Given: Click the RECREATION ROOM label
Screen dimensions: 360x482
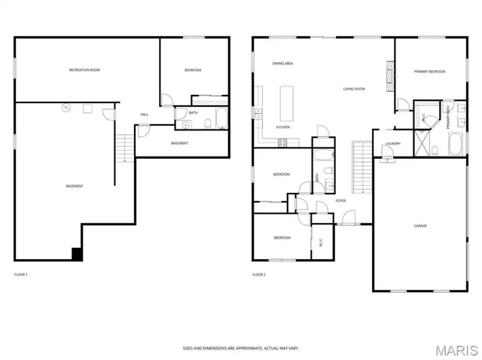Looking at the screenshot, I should click(x=84, y=70).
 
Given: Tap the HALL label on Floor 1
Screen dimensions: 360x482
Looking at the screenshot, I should click(x=144, y=114).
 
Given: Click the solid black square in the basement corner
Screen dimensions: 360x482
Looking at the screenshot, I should click(x=76, y=254).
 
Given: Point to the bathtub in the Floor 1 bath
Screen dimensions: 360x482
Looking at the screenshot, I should click(x=221, y=119).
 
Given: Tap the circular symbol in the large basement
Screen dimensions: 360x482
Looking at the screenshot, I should click(x=66, y=108).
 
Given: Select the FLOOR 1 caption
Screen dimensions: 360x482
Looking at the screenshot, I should click(x=21, y=274).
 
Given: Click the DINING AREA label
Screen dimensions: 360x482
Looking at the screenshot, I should click(x=283, y=64).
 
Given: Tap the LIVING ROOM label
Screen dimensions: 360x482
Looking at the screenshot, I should click(x=354, y=89).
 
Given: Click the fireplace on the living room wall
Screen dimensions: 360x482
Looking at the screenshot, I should click(x=389, y=75).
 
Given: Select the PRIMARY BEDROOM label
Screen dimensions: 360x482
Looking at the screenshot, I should click(x=429, y=72).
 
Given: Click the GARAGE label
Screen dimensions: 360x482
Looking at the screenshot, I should click(x=420, y=225).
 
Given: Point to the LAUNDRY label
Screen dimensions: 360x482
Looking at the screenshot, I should click(x=392, y=143).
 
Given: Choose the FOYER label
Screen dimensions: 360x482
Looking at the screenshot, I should click(x=340, y=200).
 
